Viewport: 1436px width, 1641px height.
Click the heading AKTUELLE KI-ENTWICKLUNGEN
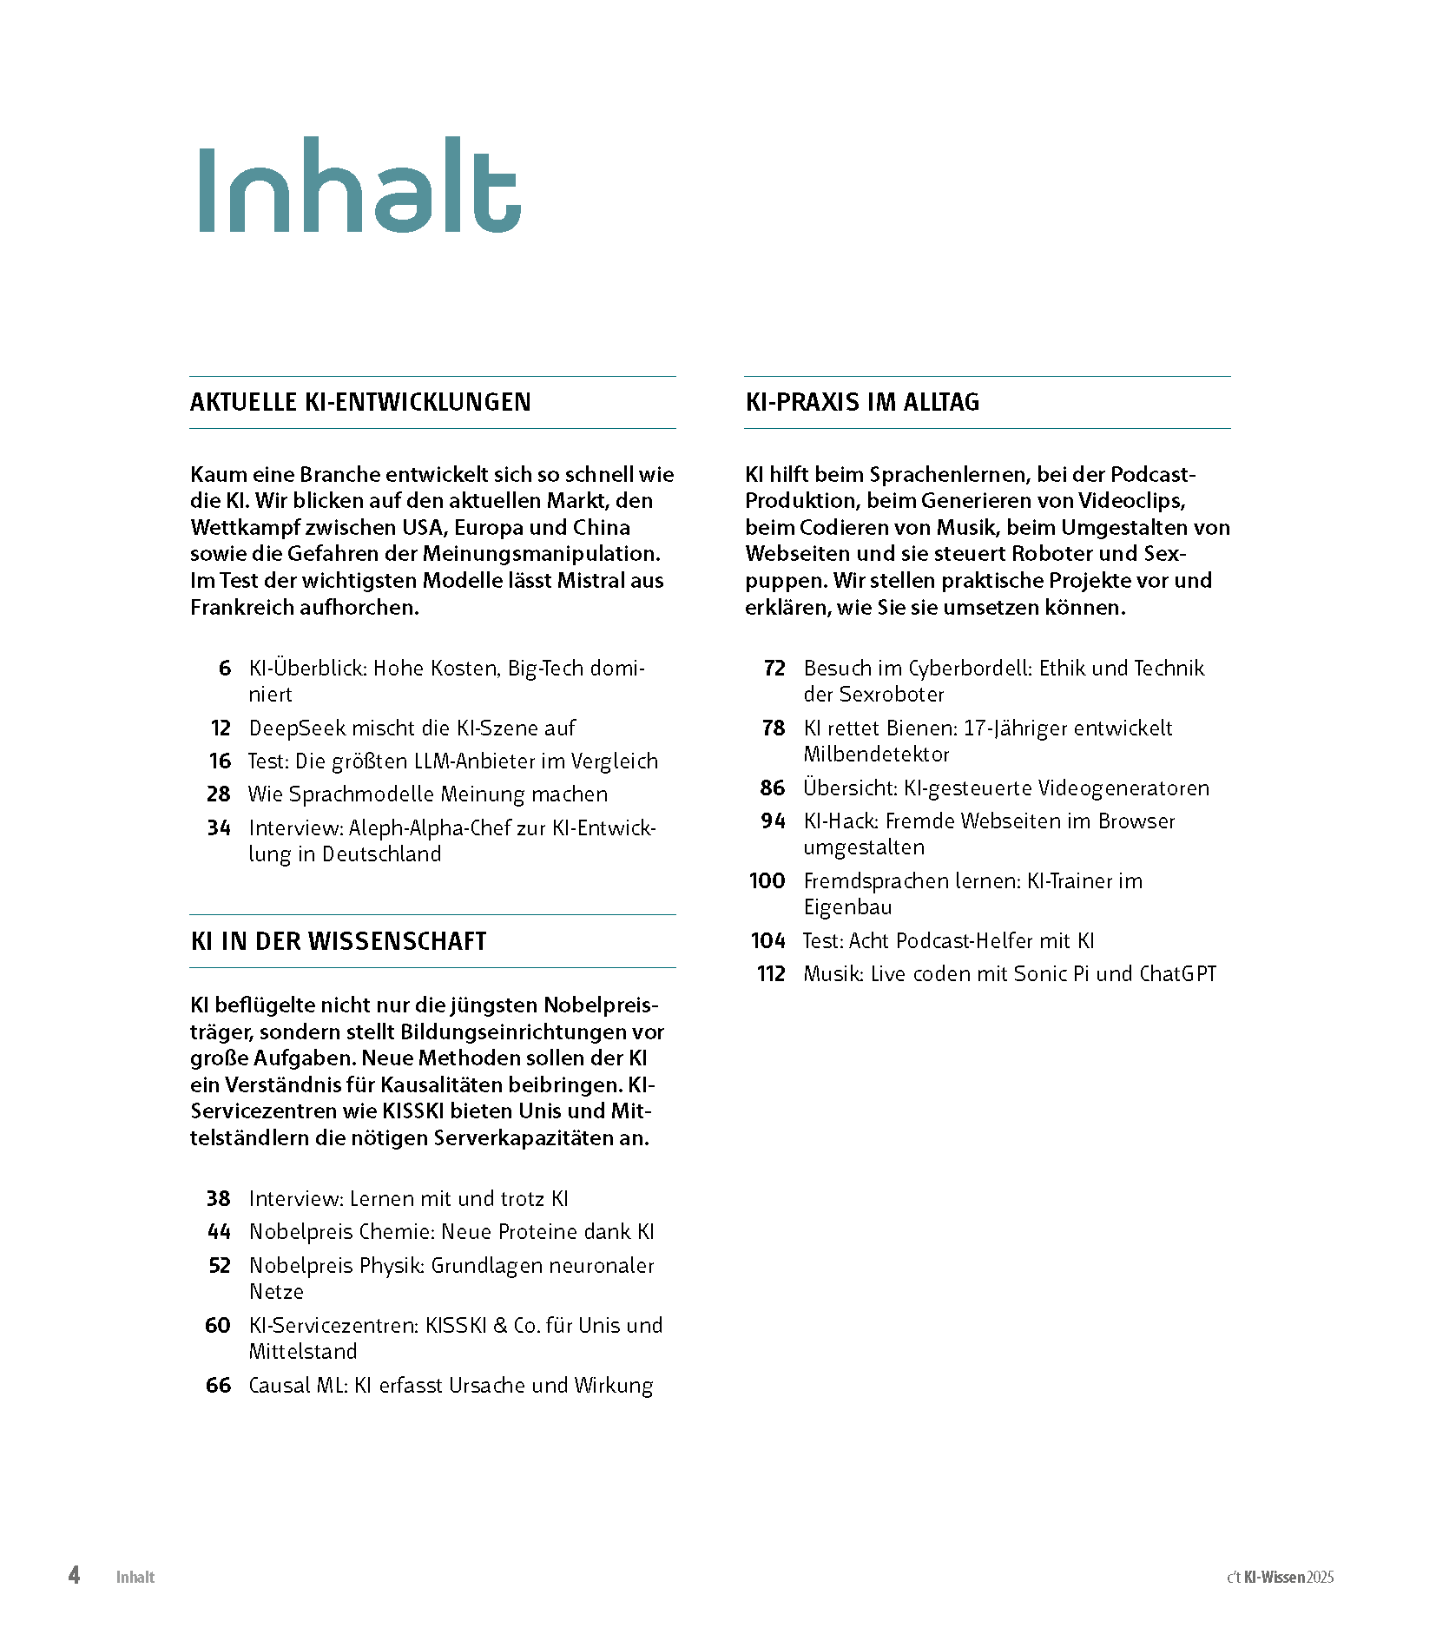pos(360,402)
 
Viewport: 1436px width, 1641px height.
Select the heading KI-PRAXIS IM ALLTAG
pos(862,402)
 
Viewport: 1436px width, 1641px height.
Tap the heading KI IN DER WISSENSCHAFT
pos(339,941)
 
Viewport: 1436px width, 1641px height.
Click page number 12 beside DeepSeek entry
pos(221,728)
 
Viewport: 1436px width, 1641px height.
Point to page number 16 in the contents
pos(221,761)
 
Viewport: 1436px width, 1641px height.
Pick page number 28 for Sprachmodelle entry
pos(219,794)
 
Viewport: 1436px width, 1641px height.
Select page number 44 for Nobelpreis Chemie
pos(219,1232)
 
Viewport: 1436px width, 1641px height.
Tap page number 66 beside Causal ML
pos(219,1386)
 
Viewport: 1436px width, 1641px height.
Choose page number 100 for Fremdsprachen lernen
pos(767,881)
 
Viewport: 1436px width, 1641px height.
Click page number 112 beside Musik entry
pos(771,974)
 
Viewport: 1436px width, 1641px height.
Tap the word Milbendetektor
pos(876,755)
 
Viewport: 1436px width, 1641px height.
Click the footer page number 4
pos(75,1575)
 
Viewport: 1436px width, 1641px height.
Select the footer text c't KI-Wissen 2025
pos(1280,1578)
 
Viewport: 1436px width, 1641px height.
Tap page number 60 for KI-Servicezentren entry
pos(218,1326)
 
